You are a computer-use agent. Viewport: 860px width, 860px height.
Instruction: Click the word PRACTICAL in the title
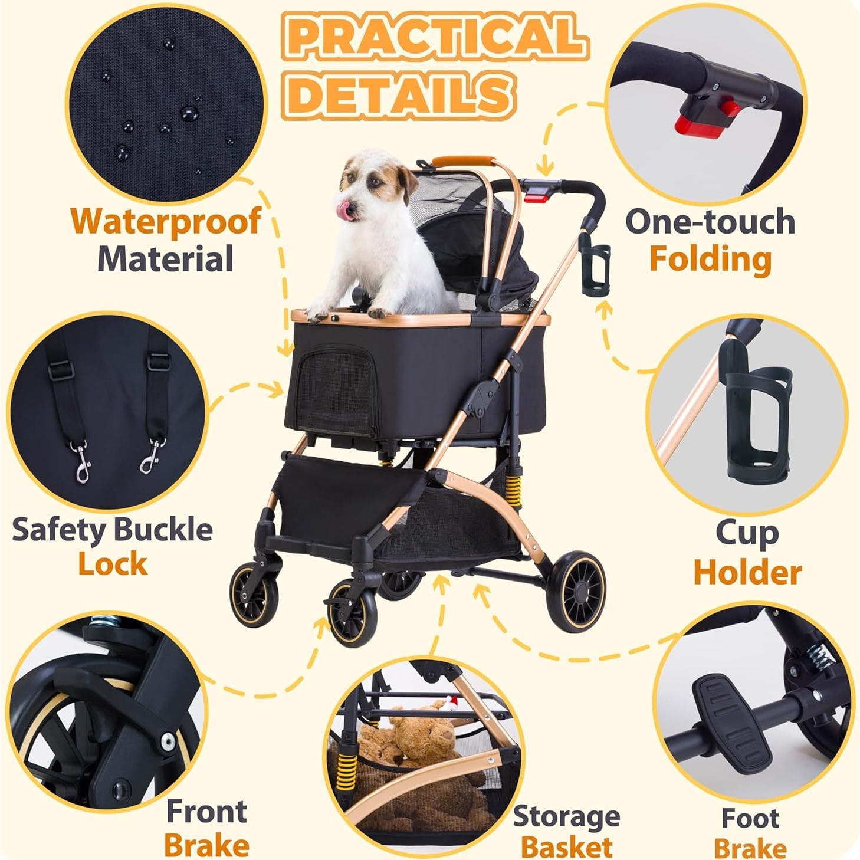435,37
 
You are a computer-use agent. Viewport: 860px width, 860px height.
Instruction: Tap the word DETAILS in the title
401,94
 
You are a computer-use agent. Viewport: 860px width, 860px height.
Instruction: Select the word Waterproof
166,222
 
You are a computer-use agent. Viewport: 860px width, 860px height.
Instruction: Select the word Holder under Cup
747,573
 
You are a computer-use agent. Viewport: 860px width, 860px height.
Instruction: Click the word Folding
710,260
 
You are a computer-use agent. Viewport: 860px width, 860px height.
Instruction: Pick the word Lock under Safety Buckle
112,564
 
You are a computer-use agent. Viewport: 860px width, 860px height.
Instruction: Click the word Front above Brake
206,812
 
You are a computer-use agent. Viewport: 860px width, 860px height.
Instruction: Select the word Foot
750,819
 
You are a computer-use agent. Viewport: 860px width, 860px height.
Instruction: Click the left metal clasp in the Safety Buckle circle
81,463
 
